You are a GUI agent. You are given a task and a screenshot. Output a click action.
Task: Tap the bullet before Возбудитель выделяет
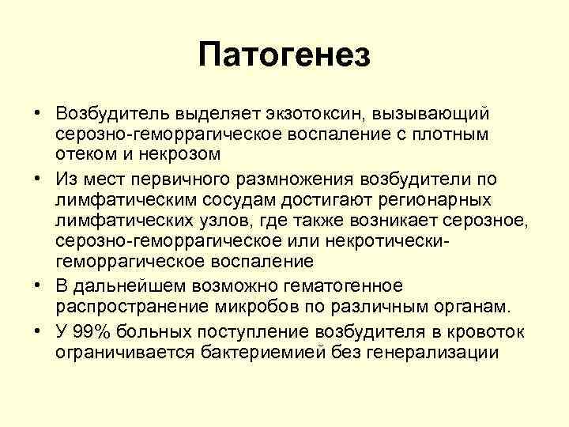click(x=38, y=116)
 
